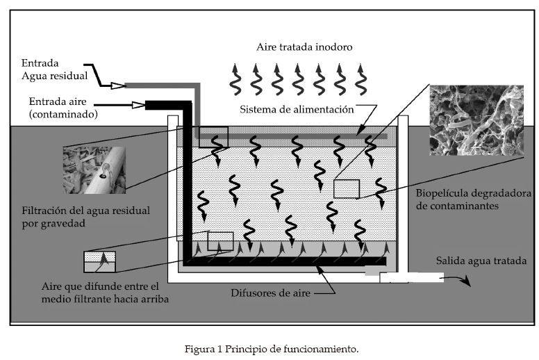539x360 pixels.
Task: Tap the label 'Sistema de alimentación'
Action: [297, 110]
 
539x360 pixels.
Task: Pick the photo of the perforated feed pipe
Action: [92, 168]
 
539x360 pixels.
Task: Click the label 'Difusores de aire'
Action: [269, 293]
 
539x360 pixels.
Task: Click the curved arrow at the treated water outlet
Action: [459, 279]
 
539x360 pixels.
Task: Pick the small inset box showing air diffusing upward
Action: [100, 261]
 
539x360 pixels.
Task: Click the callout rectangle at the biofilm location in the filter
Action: [347, 189]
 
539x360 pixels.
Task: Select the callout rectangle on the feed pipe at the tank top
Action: [213, 137]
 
